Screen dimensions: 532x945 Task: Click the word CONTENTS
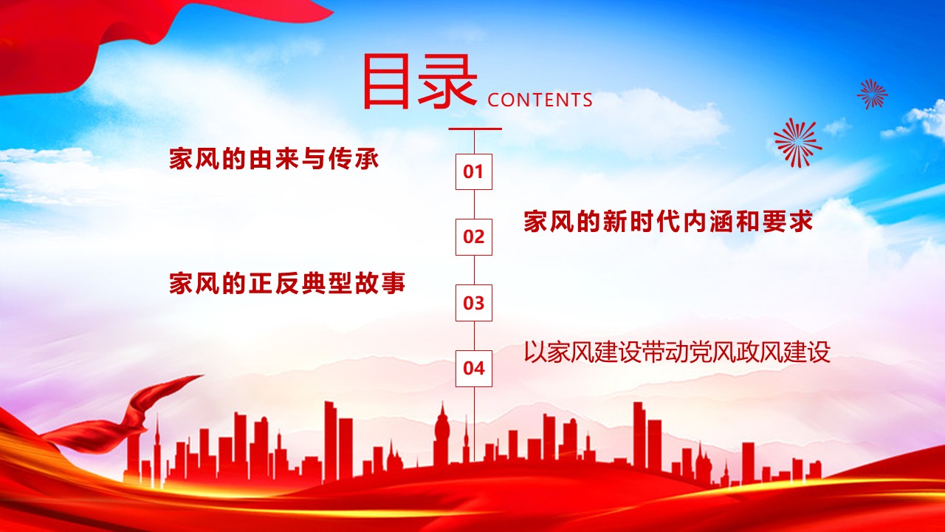coord(540,100)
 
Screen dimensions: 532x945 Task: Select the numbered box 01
coord(473,172)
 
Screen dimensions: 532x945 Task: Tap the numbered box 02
coord(473,237)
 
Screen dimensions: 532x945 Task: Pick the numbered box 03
coord(473,303)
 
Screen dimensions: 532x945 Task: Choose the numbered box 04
coord(473,368)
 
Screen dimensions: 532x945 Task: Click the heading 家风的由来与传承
coord(273,159)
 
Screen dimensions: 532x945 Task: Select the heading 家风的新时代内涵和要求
coord(668,222)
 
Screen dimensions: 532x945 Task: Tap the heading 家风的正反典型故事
coord(287,284)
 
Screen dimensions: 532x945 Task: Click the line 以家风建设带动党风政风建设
coord(677,352)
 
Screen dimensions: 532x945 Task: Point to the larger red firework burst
coord(797,142)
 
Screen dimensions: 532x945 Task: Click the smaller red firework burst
coord(872,94)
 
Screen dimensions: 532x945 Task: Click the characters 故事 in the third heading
coord(381,284)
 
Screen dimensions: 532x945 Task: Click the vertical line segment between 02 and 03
coord(473,270)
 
